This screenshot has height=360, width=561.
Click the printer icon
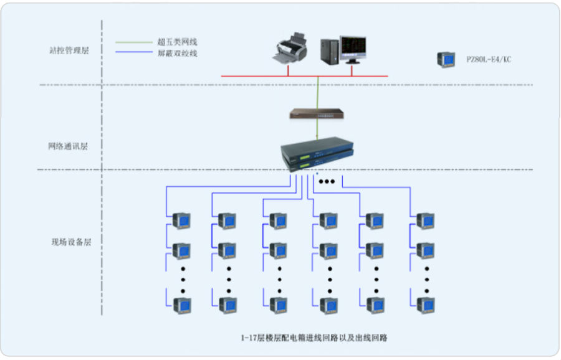click(x=290, y=49)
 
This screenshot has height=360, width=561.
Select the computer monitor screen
click(x=353, y=47)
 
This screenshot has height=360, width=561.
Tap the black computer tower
click(x=330, y=52)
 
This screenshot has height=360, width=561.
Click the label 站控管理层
click(x=69, y=50)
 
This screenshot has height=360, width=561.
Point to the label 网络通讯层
click(x=68, y=146)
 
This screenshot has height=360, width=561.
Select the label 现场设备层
click(x=71, y=242)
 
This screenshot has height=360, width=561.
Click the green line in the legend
click(x=134, y=42)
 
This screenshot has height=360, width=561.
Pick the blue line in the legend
click(x=134, y=52)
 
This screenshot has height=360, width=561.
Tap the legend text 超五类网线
click(x=178, y=42)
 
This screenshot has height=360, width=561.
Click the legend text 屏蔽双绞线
click(x=178, y=54)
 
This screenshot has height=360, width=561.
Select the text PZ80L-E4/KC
click(x=489, y=59)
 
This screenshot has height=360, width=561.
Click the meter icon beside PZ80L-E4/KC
click(x=446, y=59)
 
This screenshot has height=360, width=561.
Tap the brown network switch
click(x=317, y=114)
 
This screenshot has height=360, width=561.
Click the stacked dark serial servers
click(x=317, y=154)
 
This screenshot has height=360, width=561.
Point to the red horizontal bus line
click(x=304, y=76)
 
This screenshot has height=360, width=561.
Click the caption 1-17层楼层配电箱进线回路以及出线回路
click(x=314, y=338)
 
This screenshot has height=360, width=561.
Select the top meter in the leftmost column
click(x=181, y=220)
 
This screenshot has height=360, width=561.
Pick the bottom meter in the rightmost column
click(x=426, y=306)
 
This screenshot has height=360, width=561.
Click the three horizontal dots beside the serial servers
click(x=327, y=182)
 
